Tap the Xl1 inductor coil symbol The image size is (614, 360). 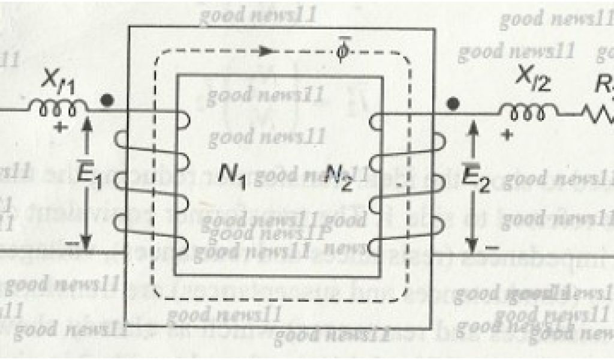point(58,107)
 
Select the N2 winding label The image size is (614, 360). point(339,176)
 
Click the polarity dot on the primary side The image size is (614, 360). point(107,102)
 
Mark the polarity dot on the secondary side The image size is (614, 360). point(454,104)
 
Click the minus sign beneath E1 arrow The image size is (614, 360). point(70,245)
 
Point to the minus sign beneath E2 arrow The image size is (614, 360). point(493,247)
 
